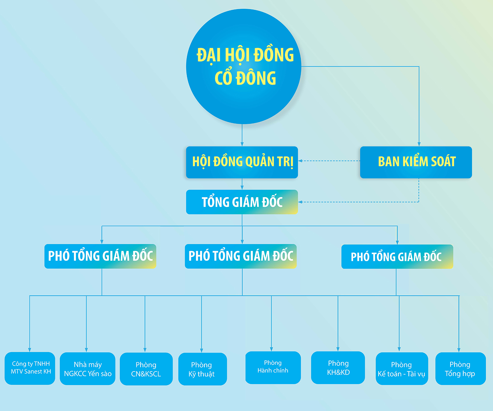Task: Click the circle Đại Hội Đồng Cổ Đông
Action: pyautogui.click(x=244, y=66)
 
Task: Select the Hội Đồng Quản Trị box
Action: pyautogui.click(x=242, y=162)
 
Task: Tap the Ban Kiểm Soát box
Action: pyautogui.click(x=416, y=162)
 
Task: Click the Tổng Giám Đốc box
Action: pyautogui.click(x=242, y=202)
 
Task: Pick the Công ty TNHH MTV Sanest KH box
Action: pyautogui.click(x=30, y=368)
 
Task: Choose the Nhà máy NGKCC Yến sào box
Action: pyautogui.click(x=87, y=369)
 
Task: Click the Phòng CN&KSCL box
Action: pyautogui.click(x=146, y=369)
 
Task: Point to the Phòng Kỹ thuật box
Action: pyautogui.click(x=202, y=369)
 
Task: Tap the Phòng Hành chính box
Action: pyautogui.click(x=273, y=367)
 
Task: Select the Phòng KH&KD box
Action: pyautogui.click(x=338, y=368)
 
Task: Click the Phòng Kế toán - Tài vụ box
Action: pyautogui.click(x=402, y=369)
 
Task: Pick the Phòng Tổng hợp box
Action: pyautogui.click(x=460, y=369)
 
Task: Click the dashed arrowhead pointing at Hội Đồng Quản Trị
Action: pyautogui.click(x=300, y=161)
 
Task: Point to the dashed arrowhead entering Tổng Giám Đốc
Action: pyautogui.click(x=300, y=202)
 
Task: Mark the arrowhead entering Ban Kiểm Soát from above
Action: pyautogui.click(x=419, y=144)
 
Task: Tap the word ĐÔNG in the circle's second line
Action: pyautogui.click(x=256, y=78)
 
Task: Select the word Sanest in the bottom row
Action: pyautogui.click(x=33, y=372)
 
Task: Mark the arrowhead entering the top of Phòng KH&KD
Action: pyautogui.click(x=338, y=349)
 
